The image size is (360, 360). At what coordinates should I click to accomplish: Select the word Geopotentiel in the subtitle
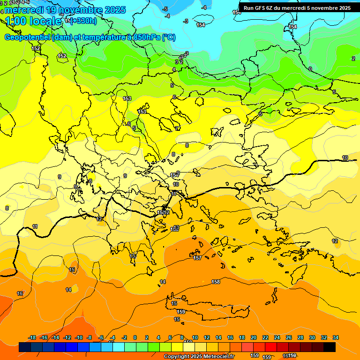[27, 37]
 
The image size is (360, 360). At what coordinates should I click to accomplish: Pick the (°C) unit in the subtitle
[168, 37]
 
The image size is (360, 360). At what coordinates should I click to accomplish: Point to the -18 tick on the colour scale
[32, 337]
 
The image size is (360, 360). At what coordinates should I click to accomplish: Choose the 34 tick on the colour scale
[335, 337]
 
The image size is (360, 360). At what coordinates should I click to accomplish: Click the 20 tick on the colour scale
[254, 337]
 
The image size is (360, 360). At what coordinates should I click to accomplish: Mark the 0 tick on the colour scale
[135, 337]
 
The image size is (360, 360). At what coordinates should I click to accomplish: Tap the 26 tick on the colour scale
[289, 337]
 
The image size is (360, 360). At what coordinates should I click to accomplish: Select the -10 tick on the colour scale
[79, 337]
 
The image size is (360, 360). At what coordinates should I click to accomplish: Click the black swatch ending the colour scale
[330, 347]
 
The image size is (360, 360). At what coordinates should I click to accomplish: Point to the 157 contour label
[197, 258]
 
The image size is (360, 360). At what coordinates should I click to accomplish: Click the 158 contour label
[216, 282]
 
